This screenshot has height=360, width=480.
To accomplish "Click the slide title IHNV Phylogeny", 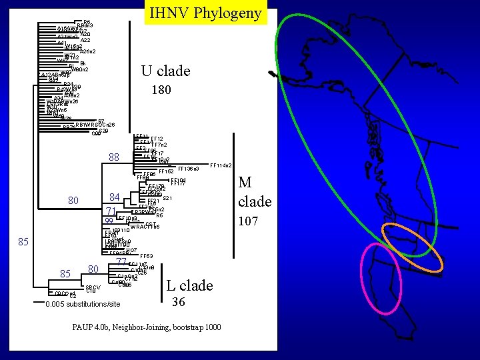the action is (205, 13).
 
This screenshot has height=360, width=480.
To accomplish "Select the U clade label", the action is (165, 71).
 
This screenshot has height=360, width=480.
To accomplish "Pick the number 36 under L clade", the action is (178, 303).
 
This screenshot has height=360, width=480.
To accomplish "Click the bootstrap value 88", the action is (113, 157).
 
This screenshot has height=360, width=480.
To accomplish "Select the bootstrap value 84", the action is (115, 197).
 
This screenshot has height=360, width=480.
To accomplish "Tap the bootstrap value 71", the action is (111, 211).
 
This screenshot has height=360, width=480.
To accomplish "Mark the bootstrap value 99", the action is (109, 221).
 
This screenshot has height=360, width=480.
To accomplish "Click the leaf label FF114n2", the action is (221, 165).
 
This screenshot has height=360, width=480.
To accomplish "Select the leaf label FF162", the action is (166, 172).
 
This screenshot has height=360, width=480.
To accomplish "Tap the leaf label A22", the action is (85, 40).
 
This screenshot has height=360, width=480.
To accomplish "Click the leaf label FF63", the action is (147, 256).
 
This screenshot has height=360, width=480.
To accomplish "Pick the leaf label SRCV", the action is (93, 287).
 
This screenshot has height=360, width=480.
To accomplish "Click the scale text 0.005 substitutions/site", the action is (83, 304).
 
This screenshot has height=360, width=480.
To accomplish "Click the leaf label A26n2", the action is (87, 51).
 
